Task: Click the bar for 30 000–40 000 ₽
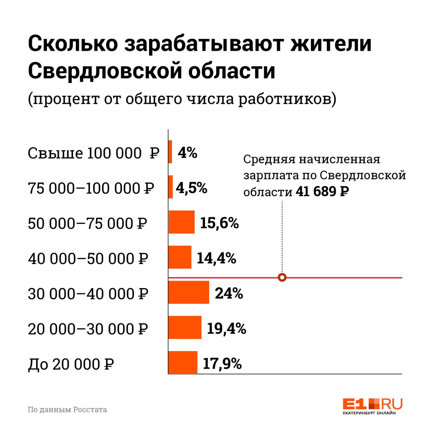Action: pos(189,292)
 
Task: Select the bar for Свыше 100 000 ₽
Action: pos(170,152)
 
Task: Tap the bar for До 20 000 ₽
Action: pos(183,363)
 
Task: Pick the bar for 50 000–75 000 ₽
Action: pos(182,222)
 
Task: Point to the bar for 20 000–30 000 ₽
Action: pos(185,328)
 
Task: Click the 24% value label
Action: pos(229,293)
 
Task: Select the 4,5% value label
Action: pos(191,188)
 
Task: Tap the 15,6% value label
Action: pos(219,223)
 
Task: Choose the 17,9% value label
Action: pos(222,364)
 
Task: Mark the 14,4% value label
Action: pos(216,258)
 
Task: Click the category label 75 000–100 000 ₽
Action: pos(91,188)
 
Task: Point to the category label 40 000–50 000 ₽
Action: pos(88,258)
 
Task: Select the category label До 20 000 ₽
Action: pos(71,364)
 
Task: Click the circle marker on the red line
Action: pos(282,277)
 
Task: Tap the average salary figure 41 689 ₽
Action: pos(322,192)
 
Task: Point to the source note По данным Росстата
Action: pos(67,409)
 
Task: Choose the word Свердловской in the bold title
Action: pos(105,71)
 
